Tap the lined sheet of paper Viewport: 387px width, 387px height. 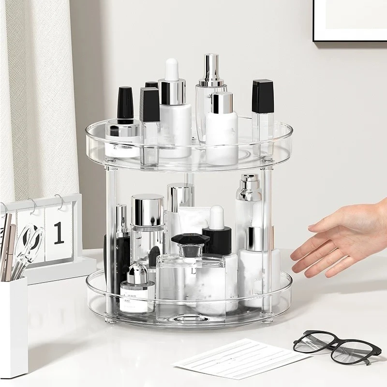[240, 357]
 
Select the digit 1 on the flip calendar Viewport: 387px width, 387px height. [59, 233]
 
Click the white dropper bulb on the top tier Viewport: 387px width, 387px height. [172, 69]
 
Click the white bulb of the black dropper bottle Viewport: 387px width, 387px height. [217, 217]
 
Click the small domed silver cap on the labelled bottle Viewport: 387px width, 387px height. [137, 273]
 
